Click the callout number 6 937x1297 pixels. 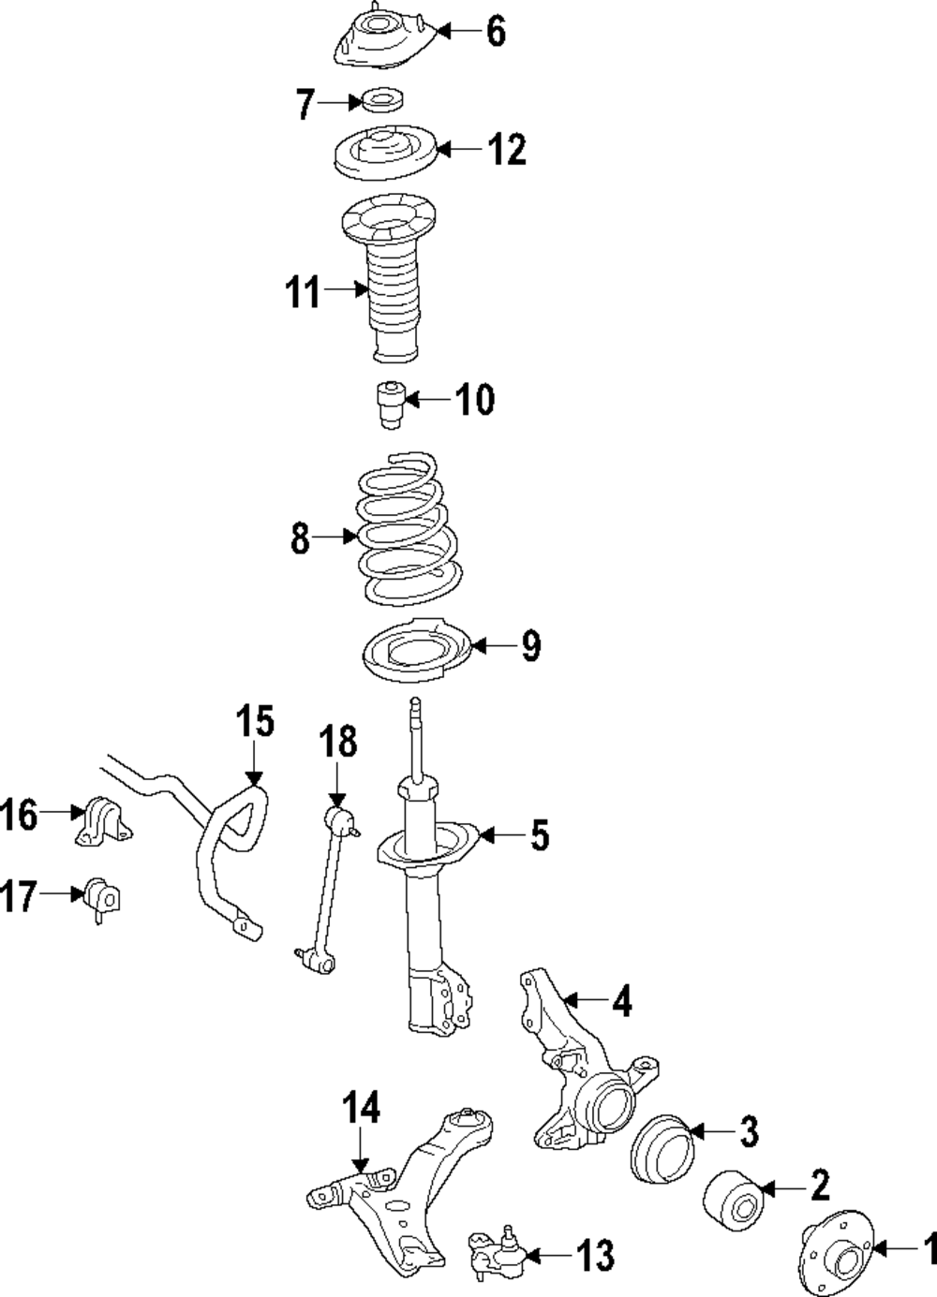[x=496, y=32]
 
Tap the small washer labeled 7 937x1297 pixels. [x=380, y=99]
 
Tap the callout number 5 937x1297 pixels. [x=539, y=835]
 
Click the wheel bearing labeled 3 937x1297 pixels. [x=661, y=1147]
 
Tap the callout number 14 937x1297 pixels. [x=361, y=1110]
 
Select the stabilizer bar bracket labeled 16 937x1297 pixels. [x=101, y=820]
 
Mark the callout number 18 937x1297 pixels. [x=338, y=742]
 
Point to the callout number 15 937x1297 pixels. [x=254, y=723]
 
